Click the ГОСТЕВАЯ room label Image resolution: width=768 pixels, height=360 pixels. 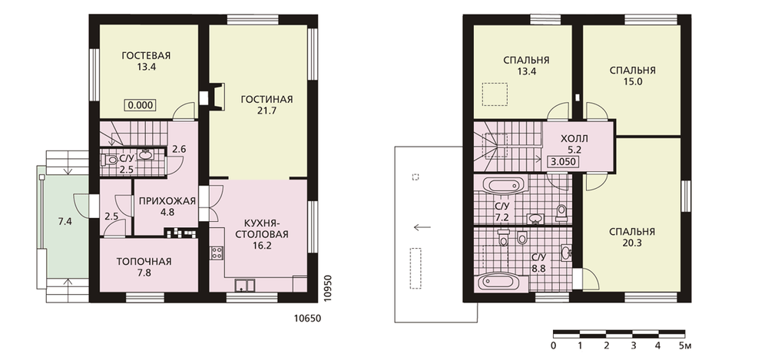point(146,55)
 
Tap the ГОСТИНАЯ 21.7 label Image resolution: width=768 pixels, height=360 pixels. point(266,105)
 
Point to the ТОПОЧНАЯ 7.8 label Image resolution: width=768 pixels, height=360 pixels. point(144,267)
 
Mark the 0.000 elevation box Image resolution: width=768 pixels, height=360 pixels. point(141,105)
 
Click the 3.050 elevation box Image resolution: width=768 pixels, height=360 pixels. point(564,162)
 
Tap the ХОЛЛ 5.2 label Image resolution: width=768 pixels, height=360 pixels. point(574,144)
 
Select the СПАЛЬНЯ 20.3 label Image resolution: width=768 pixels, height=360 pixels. point(632,237)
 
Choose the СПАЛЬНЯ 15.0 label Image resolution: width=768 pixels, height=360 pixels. point(632,76)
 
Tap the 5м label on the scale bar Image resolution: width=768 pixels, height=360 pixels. point(684,347)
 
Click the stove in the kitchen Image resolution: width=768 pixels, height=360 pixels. point(217,253)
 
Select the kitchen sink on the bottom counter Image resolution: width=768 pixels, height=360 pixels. point(243,285)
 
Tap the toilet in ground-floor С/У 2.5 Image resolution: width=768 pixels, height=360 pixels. point(111,160)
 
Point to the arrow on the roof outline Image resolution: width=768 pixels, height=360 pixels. point(422,226)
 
